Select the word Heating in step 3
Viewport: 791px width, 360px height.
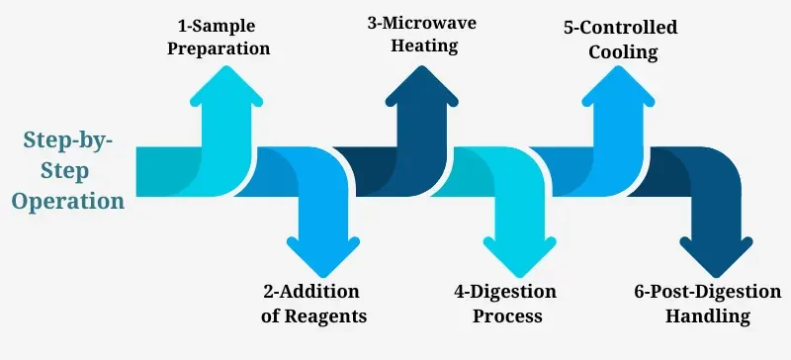(415, 45)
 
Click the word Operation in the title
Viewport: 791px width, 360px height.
(67, 201)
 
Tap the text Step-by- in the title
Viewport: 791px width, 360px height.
(67, 140)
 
